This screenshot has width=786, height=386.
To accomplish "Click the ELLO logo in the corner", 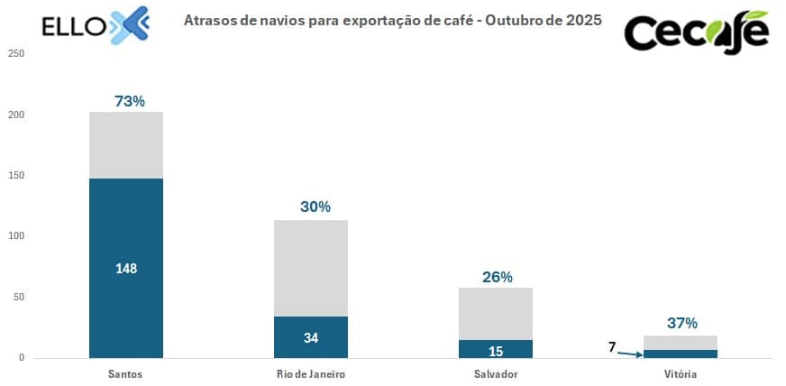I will tap(95, 24).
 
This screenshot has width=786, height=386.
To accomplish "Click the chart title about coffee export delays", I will tap(392, 19).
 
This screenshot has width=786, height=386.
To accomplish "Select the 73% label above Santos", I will tap(130, 101).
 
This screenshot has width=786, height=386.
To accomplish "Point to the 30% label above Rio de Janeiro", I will tap(315, 207).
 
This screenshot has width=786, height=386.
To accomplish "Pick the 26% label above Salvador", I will tap(498, 276).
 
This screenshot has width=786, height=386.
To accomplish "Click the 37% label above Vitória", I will tap(681, 323).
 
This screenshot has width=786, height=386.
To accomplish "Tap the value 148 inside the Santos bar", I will tap(126, 269).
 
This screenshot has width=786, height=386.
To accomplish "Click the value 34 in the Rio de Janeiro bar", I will tap(311, 338).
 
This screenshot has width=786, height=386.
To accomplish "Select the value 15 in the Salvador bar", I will tap(496, 350).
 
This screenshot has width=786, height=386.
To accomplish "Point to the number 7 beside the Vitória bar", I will tap(612, 347).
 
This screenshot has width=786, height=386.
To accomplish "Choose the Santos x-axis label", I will tap(125, 373).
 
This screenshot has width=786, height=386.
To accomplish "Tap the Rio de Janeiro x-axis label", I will tap(311, 373).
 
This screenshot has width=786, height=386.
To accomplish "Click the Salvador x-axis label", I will tap(496, 373).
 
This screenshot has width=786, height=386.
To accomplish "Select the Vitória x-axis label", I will tap(681, 373).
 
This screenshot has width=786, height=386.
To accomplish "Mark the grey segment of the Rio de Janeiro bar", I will tap(311, 268).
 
